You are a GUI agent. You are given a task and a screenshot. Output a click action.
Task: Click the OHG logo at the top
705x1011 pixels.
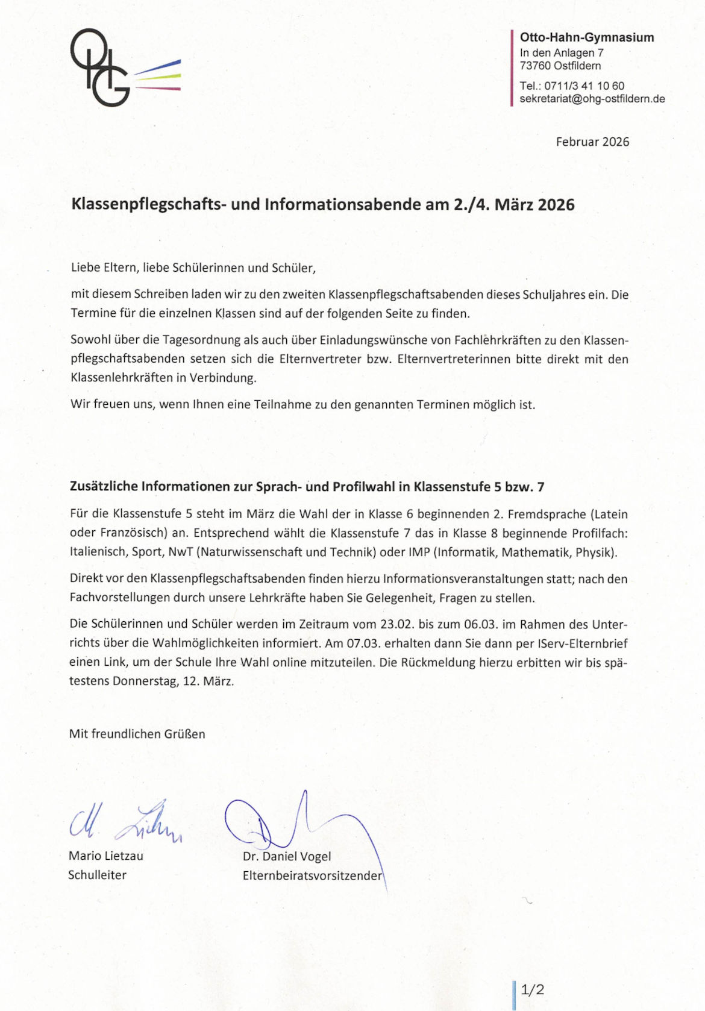[x=124, y=67]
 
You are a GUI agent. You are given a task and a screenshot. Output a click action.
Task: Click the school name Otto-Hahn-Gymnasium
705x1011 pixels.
[x=587, y=37]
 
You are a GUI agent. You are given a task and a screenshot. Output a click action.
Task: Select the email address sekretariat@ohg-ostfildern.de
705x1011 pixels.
[x=592, y=99]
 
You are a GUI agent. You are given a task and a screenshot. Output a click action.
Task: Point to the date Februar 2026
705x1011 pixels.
[x=592, y=142]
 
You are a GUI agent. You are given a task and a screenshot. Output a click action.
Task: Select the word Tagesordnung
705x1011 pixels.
[x=197, y=340]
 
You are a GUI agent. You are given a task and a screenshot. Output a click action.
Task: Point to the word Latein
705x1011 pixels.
[x=609, y=514]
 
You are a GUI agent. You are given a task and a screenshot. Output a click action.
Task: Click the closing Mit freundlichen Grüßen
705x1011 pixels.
[x=137, y=734]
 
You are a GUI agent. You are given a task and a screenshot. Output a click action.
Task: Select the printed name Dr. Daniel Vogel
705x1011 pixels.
[x=287, y=856]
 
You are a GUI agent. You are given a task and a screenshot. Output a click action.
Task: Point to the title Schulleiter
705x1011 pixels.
[x=97, y=875]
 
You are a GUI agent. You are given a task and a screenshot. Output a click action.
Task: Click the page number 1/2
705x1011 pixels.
[x=532, y=989]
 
